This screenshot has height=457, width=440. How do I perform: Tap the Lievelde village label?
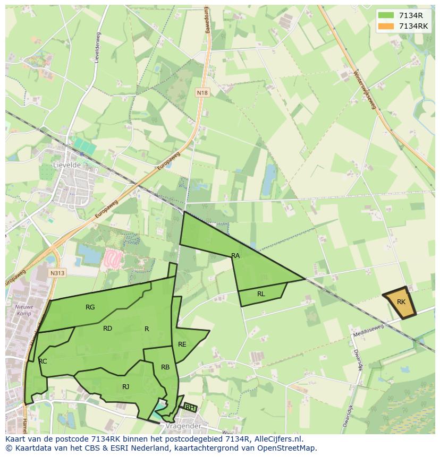point(66,165)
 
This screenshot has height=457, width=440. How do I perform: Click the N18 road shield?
point(202,93)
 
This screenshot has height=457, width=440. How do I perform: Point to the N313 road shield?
point(57,273)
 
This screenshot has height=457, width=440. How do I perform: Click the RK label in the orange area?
point(401,302)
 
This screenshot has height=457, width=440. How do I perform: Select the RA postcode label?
point(235,256)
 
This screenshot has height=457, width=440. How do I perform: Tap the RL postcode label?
point(261,294)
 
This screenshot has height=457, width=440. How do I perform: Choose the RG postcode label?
point(90,307)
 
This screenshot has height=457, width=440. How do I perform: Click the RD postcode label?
point(107,329)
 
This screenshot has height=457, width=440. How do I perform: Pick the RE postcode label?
point(182,344)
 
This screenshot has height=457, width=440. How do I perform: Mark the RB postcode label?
point(165,367)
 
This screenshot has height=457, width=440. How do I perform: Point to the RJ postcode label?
point(125,387)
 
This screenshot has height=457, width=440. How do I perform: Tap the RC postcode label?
point(43,361)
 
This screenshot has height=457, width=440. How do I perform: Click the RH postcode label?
point(189,408)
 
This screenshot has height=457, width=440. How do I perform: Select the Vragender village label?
point(183,426)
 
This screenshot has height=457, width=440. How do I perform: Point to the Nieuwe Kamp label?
point(24,311)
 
